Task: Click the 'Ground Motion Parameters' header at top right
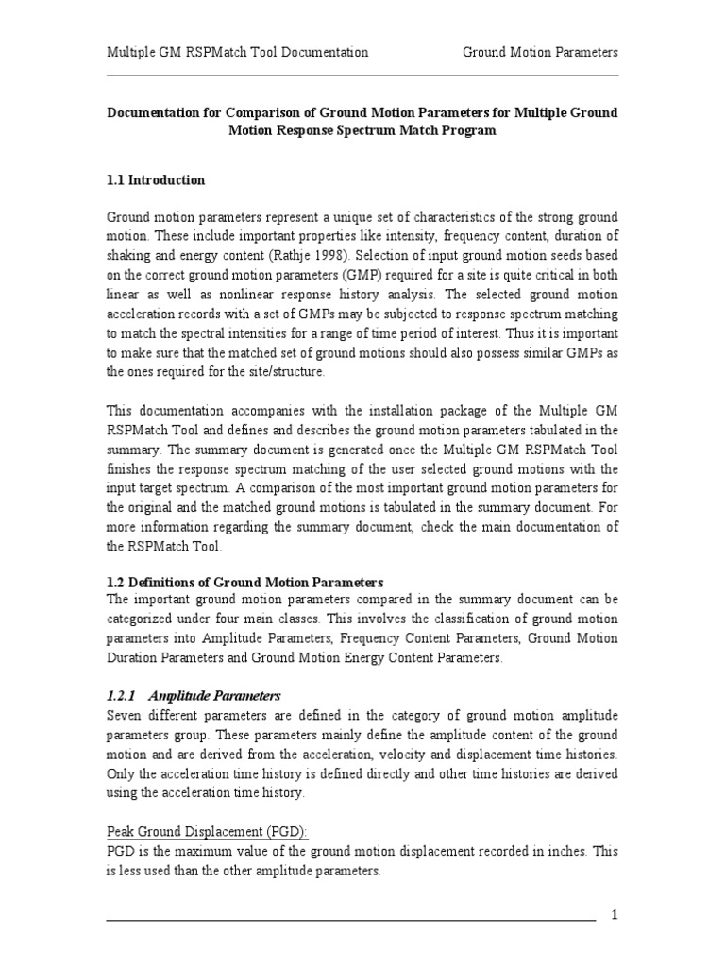point(540,52)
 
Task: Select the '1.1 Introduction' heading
point(155,179)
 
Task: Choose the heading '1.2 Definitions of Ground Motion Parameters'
point(244,581)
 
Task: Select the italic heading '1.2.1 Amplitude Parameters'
point(193,694)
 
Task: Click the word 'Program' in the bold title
point(464,130)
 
